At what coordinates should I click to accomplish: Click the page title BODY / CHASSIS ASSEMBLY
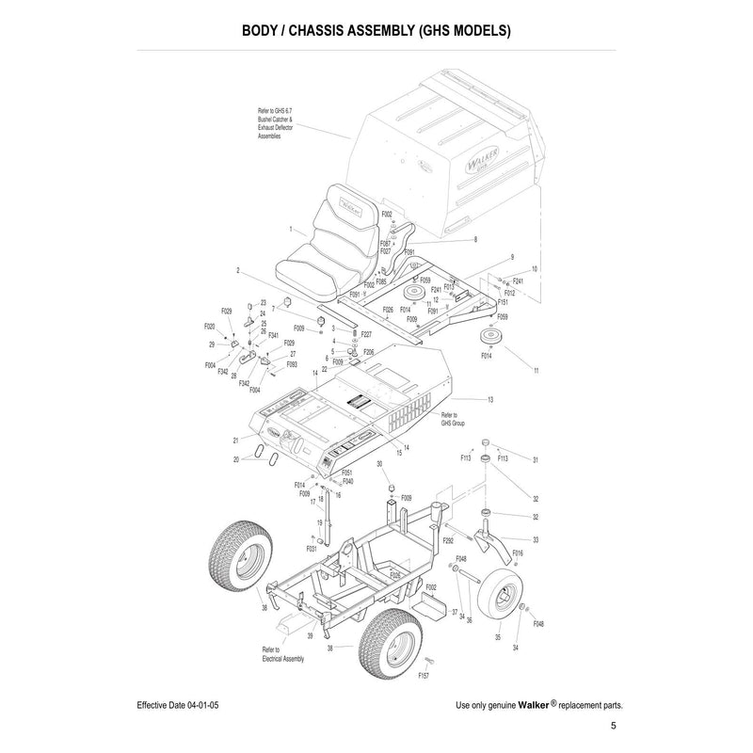click(376, 29)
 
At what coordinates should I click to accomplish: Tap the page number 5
click(613, 727)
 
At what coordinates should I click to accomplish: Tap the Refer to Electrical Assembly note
click(282, 653)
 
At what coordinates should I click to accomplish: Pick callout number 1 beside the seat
click(264, 230)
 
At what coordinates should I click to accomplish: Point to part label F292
click(449, 541)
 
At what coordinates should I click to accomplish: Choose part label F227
click(366, 334)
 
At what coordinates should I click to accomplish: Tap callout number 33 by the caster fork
click(536, 539)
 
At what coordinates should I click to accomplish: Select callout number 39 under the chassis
click(310, 636)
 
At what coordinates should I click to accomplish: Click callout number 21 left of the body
click(236, 441)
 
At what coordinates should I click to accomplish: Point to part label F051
click(347, 473)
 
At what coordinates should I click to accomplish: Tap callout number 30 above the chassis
click(379, 465)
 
